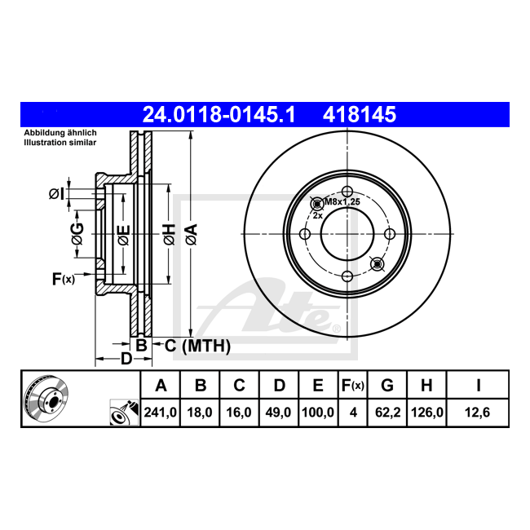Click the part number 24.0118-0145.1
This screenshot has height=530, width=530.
pyautogui.click(x=219, y=114)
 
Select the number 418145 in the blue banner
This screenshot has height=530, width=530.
pyautogui.click(x=360, y=114)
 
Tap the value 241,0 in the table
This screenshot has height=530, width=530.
pyautogui.click(x=160, y=413)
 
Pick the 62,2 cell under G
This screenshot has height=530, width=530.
pyautogui.click(x=387, y=413)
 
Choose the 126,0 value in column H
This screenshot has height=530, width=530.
pyautogui.click(x=427, y=413)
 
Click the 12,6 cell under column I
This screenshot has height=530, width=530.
pyautogui.click(x=477, y=413)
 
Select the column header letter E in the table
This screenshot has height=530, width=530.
pyautogui.click(x=318, y=386)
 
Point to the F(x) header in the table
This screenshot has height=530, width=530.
pyautogui.click(x=353, y=386)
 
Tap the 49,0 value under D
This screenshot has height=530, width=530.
pyautogui.click(x=278, y=413)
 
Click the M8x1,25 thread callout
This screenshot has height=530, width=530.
pyautogui.click(x=342, y=202)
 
